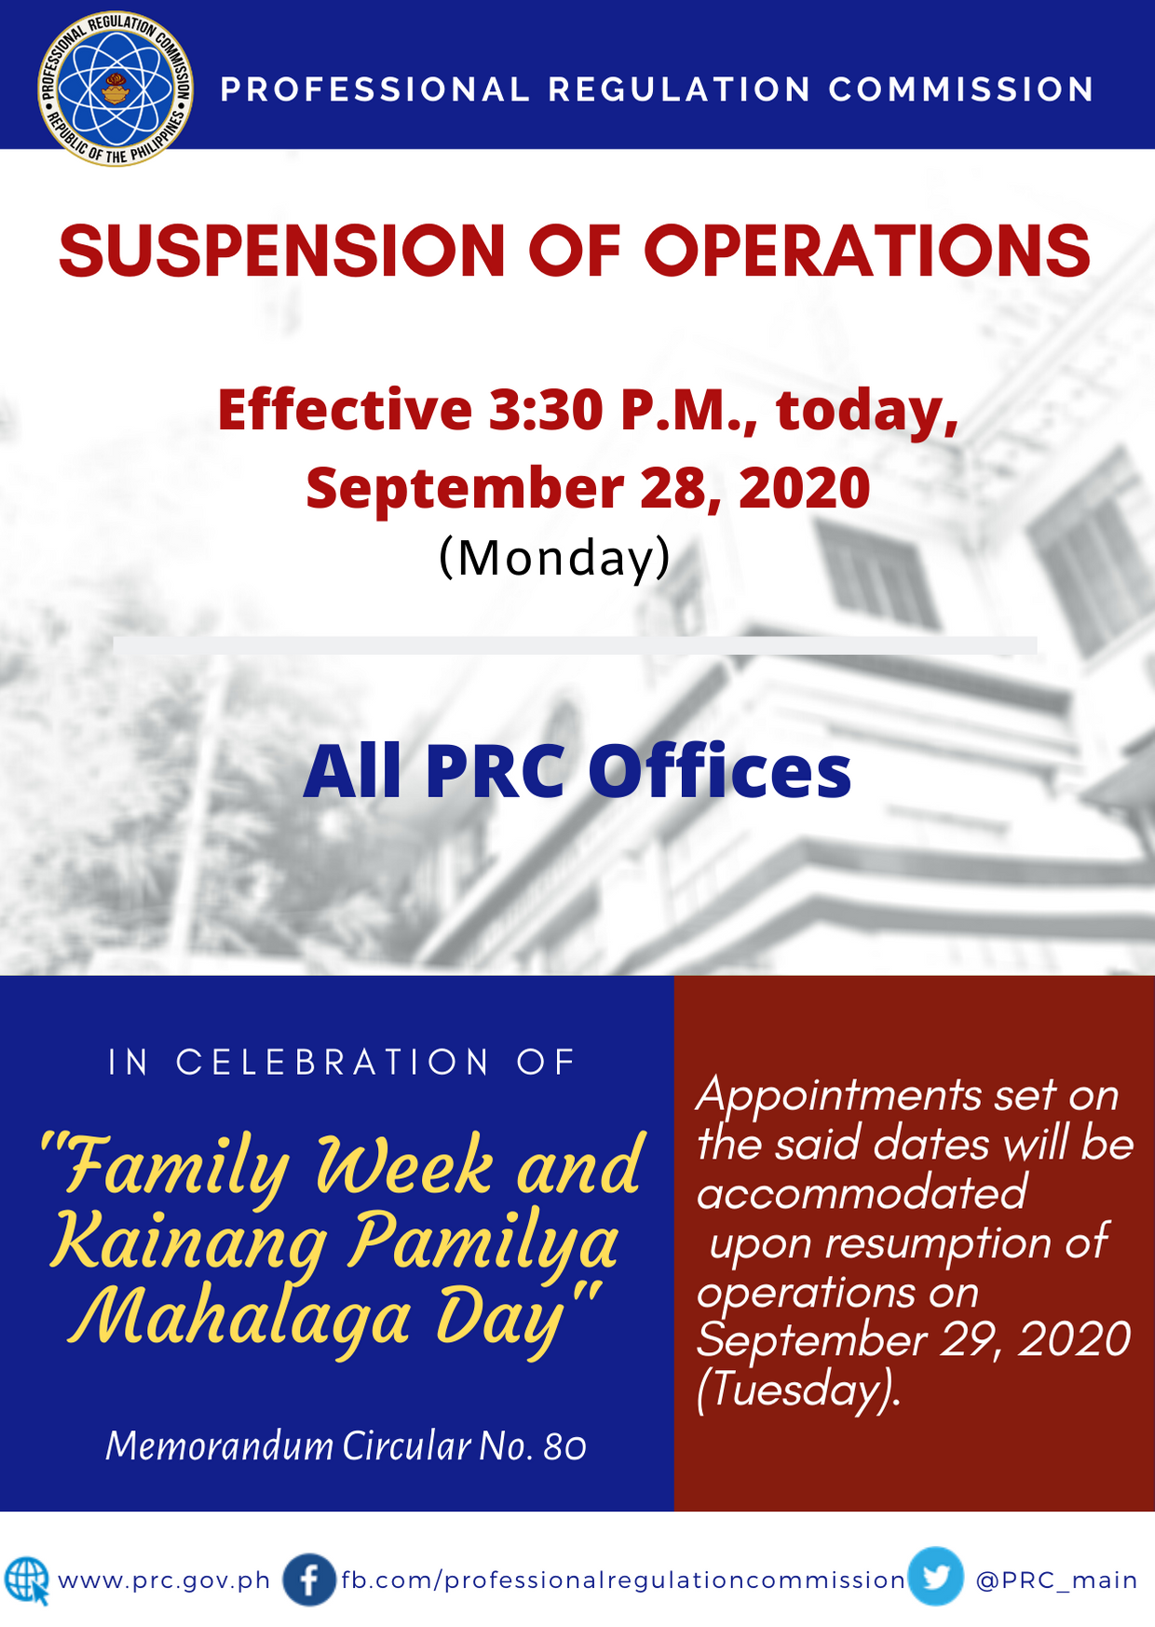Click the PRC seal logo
(115, 89)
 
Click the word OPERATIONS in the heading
(867, 251)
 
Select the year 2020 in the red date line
(804, 488)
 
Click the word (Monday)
(555, 558)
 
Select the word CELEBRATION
(333, 1062)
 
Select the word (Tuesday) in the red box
(798, 1390)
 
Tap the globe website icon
(27, 1580)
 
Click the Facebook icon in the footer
(309, 1580)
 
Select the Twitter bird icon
(936, 1577)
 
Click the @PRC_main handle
(1056, 1580)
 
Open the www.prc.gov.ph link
(164, 1581)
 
